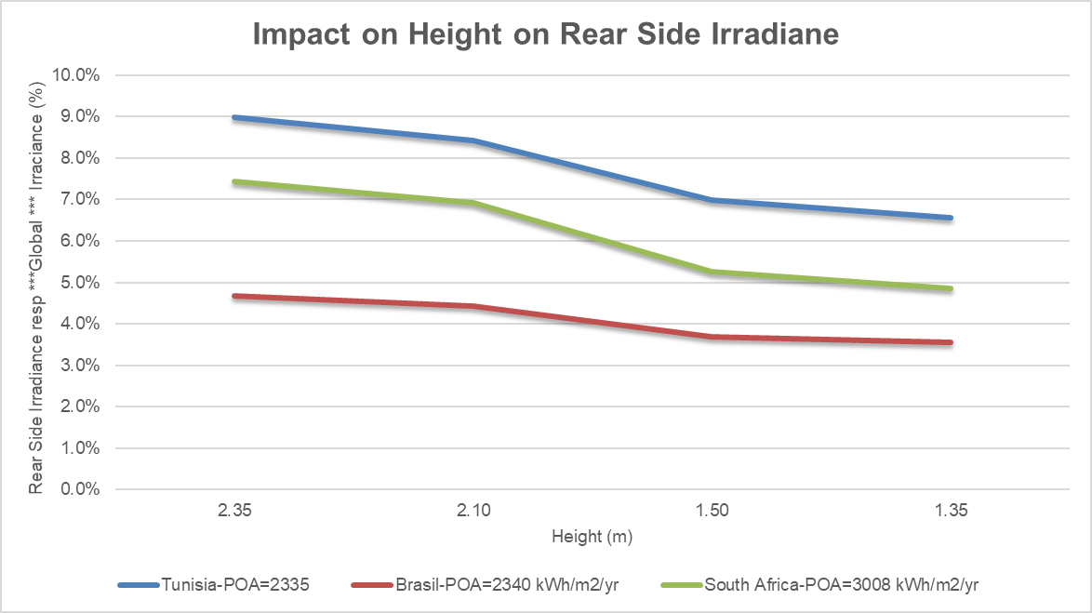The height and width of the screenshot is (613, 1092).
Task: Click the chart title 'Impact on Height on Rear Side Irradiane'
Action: pyautogui.click(x=546, y=34)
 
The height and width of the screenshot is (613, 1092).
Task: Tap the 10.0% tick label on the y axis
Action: pyautogui.click(x=77, y=75)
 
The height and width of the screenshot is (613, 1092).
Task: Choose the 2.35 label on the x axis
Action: pyautogui.click(x=236, y=512)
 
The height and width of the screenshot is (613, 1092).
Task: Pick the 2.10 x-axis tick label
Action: pyautogui.click(x=474, y=512)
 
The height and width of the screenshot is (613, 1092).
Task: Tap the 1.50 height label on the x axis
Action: pyautogui.click(x=712, y=512)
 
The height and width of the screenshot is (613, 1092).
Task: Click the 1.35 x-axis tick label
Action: pyautogui.click(x=951, y=512)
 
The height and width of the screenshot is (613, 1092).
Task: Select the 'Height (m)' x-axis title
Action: pyautogui.click(x=593, y=537)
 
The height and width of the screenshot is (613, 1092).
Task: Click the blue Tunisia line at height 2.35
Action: pyautogui.click(x=236, y=118)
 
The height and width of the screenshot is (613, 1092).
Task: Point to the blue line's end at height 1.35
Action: pyautogui.click(x=951, y=218)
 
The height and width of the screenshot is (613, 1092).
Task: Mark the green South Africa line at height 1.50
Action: pyautogui.click(x=712, y=272)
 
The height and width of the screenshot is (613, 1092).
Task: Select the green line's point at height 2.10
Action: pyautogui.click(x=474, y=203)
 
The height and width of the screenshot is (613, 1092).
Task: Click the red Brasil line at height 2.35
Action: pyautogui.click(x=236, y=296)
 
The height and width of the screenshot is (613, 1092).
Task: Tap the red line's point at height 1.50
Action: pyautogui.click(x=712, y=337)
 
